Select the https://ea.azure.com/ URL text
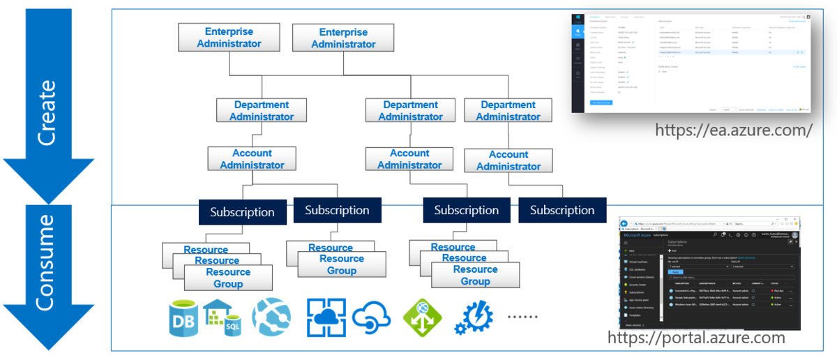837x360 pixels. [x=734, y=130]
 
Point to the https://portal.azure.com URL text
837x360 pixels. [x=696, y=338]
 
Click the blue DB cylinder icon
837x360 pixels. [x=183, y=317]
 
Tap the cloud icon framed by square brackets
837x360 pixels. [x=327, y=317]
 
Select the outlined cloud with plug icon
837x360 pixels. [x=373, y=317]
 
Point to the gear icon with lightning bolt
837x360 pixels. [x=474, y=318]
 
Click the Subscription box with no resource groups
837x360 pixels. [x=561, y=210]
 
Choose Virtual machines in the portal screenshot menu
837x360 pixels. [x=639, y=262]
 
